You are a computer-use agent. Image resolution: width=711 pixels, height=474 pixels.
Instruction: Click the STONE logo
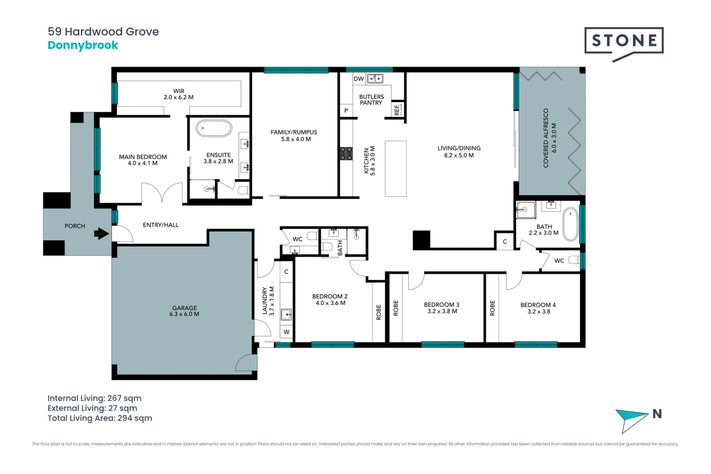624,41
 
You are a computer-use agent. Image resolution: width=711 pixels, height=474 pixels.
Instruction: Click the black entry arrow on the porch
102,233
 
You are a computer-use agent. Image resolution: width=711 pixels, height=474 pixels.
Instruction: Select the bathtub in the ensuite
214,129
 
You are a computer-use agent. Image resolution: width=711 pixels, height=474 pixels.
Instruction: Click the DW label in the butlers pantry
359,79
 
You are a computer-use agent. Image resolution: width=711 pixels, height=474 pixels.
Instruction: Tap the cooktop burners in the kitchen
346,153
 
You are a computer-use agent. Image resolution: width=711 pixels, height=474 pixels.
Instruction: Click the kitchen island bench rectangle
395,168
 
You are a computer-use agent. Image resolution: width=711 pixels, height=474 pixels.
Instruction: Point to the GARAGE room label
184,308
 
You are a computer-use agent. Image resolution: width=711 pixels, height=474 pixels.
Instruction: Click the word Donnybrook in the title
83,45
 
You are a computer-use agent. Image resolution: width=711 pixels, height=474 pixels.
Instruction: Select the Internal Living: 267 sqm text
94,398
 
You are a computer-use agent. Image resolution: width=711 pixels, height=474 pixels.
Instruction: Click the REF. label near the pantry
397,110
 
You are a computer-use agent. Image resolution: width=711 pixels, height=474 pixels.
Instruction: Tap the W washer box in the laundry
287,332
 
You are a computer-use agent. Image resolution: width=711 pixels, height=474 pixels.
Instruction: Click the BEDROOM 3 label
442,305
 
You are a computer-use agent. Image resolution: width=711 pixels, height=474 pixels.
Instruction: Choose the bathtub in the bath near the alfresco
570,224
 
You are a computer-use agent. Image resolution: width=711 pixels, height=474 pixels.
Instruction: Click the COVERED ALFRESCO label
546,138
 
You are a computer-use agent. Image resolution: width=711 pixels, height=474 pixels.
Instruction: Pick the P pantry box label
346,111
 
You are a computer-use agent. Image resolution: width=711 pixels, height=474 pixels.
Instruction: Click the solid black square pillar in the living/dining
421,240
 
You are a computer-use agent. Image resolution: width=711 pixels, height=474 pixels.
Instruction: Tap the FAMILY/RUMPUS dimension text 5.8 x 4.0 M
296,139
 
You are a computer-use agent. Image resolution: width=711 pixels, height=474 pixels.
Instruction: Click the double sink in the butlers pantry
375,79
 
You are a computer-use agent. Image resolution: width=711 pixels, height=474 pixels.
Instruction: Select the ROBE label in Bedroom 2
379,312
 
